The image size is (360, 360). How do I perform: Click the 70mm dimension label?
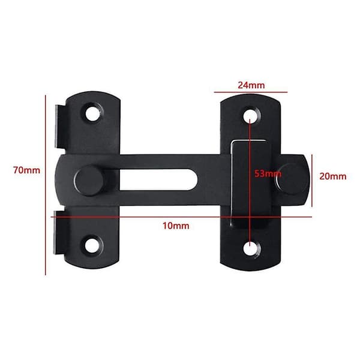[26, 170]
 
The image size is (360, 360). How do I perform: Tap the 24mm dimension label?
[251, 85]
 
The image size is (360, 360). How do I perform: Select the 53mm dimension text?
[268, 173]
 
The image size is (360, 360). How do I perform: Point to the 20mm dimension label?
[333, 176]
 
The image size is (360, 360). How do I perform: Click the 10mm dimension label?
[176, 226]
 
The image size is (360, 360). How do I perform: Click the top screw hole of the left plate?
[92, 113]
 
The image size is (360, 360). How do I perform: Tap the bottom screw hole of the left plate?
[92, 245]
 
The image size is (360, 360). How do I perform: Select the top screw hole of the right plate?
[251, 116]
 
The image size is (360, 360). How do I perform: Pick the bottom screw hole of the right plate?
[251, 248]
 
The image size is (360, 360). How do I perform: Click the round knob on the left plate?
[89, 181]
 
